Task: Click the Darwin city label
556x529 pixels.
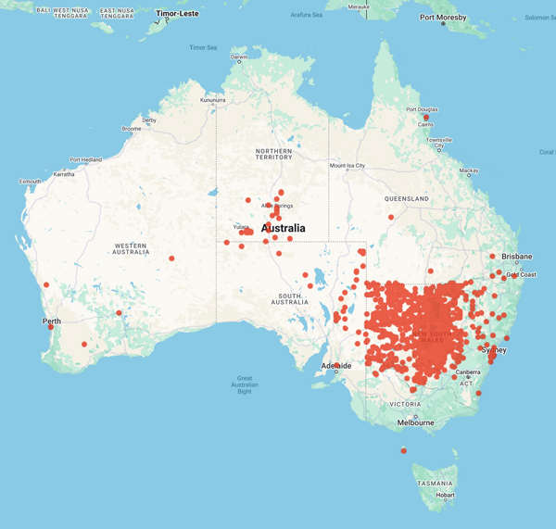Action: (239, 57)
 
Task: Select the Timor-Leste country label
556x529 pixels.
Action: (177, 14)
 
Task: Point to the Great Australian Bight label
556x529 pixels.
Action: (245, 384)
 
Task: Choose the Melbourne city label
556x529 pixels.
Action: (416, 422)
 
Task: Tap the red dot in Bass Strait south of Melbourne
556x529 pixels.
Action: (403, 451)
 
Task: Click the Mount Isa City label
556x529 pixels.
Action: (347, 166)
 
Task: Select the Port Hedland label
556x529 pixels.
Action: (86, 159)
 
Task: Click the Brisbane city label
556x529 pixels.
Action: (516, 257)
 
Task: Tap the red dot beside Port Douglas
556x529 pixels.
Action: (425, 118)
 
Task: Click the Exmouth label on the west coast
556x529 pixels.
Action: (30, 182)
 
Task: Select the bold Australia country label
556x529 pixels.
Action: (290, 228)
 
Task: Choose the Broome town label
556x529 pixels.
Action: (132, 129)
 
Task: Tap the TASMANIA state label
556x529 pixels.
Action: (436, 483)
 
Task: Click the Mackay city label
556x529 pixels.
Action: (469, 170)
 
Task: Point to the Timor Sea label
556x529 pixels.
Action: (204, 47)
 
